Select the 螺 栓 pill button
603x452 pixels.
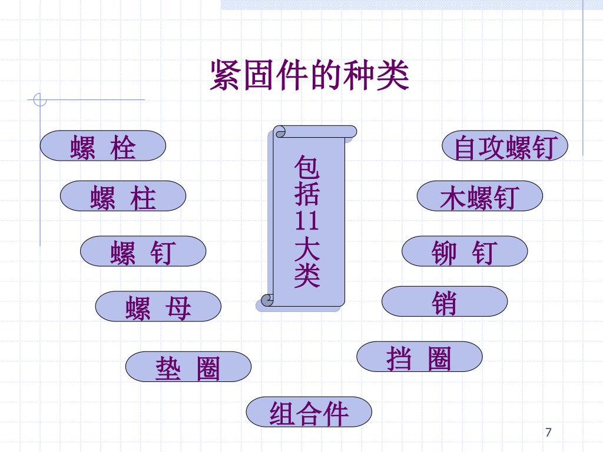click(103, 146)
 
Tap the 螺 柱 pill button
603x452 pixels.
click(123, 196)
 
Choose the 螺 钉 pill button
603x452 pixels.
click(143, 251)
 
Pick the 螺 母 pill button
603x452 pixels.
click(158, 307)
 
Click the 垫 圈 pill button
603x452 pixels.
click(188, 367)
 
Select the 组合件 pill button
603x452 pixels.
click(309, 412)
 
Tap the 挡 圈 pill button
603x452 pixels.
click(419, 357)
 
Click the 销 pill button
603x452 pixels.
click(445, 302)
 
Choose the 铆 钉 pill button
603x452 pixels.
click(465, 251)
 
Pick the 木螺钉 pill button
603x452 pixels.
click(480, 196)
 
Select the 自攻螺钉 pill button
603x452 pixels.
click(505, 146)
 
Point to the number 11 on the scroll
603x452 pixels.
click(307, 221)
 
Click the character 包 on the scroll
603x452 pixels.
click(307, 168)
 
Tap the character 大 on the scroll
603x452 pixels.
click(307, 248)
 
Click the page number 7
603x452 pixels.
click(549, 433)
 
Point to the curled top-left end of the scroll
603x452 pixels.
click(279, 131)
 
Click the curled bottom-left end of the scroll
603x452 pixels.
click(267, 300)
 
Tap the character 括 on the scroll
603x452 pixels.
click(307, 194)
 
